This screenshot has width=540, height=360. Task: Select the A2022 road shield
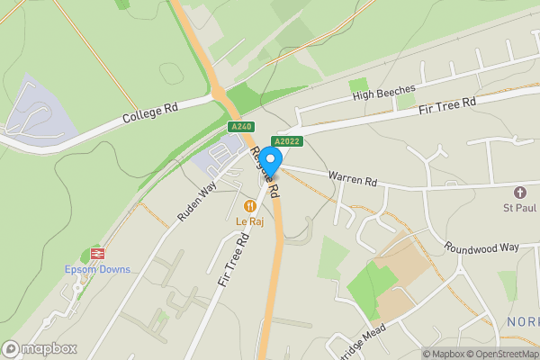tap(286, 141)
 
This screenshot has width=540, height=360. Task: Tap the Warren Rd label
tap(352, 179)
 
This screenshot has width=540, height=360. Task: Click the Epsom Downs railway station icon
tap(97, 254)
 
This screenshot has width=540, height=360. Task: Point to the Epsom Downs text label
tap(97, 270)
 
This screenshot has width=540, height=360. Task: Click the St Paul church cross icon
tap(519, 193)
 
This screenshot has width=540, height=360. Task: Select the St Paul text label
tap(520, 209)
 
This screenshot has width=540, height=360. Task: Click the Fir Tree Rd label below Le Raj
tap(232, 259)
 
